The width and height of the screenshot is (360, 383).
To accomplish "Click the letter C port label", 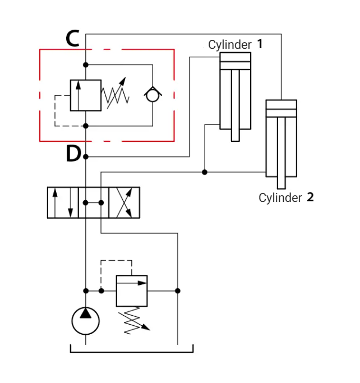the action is click(x=72, y=38).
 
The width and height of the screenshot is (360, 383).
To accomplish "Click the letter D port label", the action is click(x=73, y=154).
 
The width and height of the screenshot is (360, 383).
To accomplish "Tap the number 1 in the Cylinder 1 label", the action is click(x=260, y=44).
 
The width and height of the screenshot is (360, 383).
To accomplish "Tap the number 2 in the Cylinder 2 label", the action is click(x=310, y=197).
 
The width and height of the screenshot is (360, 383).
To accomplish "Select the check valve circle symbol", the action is click(x=153, y=95).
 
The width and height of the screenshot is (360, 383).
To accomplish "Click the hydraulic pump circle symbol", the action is click(x=85, y=321).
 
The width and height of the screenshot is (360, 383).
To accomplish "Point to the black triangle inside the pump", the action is click(x=85, y=313).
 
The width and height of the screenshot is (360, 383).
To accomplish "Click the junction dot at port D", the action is click(x=86, y=156).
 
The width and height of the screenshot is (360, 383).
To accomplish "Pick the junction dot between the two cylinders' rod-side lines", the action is click(x=205, y=172).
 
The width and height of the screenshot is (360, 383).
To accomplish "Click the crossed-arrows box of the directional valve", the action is click(x=124, y=202).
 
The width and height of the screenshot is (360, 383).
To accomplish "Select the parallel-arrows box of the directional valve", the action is click(x=63, y=202).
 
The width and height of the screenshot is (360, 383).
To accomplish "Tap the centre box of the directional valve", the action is click(x=94, y=202).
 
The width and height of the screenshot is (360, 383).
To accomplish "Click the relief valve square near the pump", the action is click(x=132, y=291).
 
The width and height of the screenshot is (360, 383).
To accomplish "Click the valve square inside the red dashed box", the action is click(x=86, y=95).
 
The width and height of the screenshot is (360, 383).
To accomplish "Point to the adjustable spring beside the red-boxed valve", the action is click(x=116, y=94).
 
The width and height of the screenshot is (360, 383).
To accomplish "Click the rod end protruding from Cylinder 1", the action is click(x=236, y=135).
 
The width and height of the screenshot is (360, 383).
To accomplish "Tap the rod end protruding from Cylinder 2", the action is click(x=281, y=183).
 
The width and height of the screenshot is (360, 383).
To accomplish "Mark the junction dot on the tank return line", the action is click(x=178, y=291).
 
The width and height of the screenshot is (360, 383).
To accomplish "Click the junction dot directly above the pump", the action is click(x=86, y=291).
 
